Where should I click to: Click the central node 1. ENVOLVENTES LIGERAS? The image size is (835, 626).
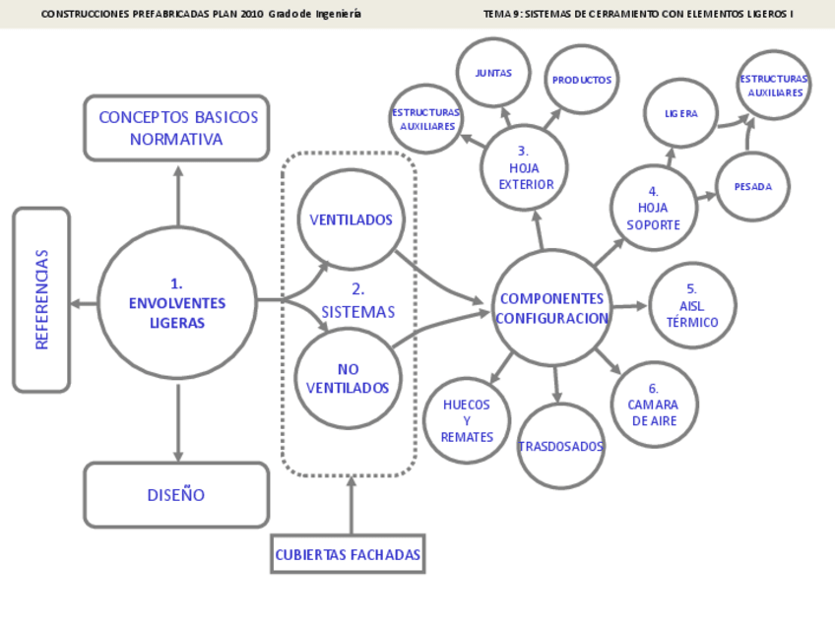177,302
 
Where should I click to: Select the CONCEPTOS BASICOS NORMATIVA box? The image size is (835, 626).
177,128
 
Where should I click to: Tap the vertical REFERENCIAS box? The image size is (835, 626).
41,299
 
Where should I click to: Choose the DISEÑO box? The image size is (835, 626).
176,495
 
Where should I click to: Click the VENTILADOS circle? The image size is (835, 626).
351,219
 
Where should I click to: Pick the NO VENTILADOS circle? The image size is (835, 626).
348,378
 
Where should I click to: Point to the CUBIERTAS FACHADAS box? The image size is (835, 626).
348,555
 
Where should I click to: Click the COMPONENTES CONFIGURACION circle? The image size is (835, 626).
551,307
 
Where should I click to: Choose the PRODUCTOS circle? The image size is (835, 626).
581,80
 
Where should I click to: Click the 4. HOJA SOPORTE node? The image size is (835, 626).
653,208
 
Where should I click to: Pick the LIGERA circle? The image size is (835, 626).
680,113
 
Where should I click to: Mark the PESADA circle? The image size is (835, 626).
753,186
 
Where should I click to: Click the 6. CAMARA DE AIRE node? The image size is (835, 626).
654,404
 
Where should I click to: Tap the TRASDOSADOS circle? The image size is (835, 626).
561,447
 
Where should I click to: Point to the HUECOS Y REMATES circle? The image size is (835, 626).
467,420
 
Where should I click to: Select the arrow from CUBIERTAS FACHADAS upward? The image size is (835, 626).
351,506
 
